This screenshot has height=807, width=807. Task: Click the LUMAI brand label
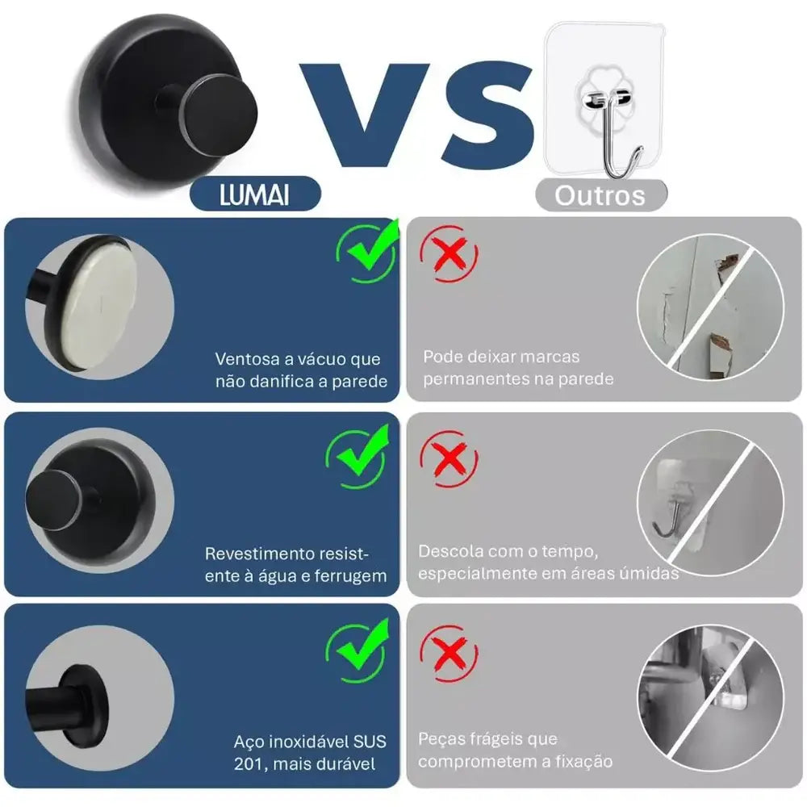(255, 194)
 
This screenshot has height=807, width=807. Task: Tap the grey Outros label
(601, 195)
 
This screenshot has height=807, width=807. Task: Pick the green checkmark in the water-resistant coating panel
(358, 457)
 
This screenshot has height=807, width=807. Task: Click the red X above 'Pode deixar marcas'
(449, 253)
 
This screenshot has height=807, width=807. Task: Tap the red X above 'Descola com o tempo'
(449, 458)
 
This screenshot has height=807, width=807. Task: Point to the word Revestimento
(259, 554)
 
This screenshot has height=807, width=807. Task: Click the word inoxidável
(305, 742)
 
